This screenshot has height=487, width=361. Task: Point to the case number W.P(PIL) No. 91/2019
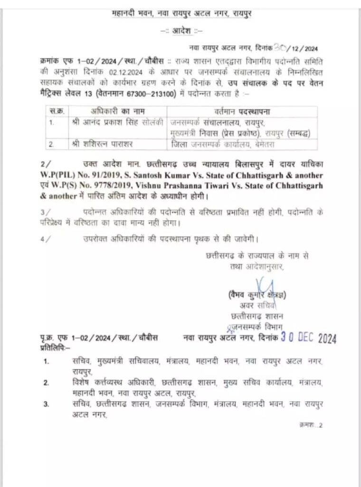76,176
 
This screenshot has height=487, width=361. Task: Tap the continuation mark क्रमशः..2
311,425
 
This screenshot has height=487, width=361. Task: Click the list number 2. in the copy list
47,382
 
